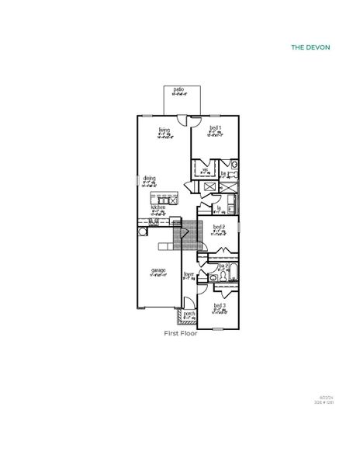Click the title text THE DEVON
(x=310, y=47)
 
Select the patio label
(x=178, y=89)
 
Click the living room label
(x=164, y=130)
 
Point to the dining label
(x=149, y=178)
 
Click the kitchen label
(x=158, y=207)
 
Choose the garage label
(x=158, y=272)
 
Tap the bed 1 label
(x=216, y=127)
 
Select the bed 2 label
(x=219, y=227)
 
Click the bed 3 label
(x=220, y=306)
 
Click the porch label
(x=189, y=314)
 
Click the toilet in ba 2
(x=212, y=276)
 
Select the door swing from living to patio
(x=182, y=120)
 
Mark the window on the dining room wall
(x=137, y=180)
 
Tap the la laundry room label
(x=220, y=207)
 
